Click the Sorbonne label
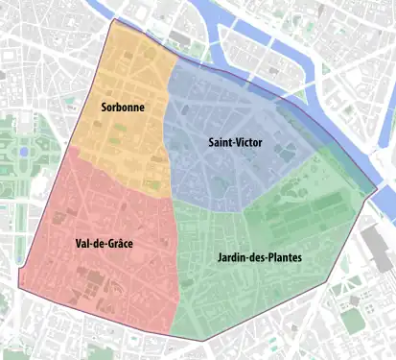123,108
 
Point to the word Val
83,244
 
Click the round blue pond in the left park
22,152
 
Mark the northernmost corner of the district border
116,19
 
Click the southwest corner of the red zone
18,285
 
